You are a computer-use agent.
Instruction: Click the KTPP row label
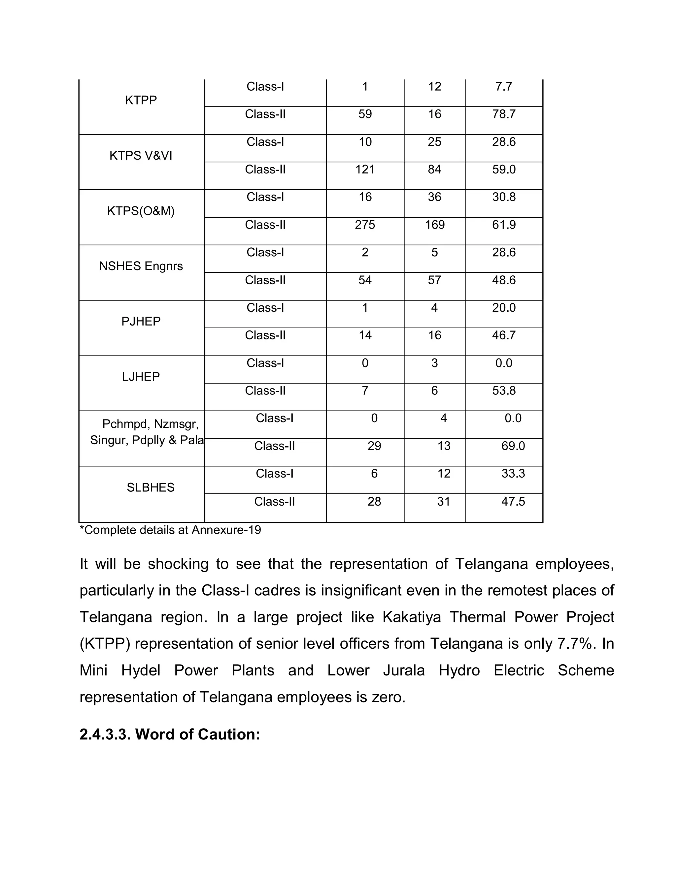[141, 100]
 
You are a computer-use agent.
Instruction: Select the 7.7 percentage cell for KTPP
[503, 86]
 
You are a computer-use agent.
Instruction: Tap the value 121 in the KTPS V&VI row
[365, 169]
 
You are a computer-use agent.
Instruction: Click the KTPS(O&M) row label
[141, 211]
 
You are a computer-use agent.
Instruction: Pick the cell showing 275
[365, 225]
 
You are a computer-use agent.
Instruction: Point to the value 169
[434, 225]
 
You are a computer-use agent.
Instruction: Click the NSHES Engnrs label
[141, 266]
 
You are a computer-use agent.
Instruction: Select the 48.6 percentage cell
[503, 280]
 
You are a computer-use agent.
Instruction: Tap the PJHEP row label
[141, 321]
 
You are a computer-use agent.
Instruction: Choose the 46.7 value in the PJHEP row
[503, 335]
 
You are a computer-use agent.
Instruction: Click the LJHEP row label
[141, 377]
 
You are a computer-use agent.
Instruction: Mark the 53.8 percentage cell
[503, 390]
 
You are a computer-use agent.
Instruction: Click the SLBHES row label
[151, 487]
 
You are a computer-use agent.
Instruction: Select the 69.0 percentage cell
[513, 446]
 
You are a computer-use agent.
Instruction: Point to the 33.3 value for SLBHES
[513, 473]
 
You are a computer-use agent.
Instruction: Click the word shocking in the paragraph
[178, 564]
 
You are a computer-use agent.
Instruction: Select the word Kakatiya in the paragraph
[411, 617]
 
